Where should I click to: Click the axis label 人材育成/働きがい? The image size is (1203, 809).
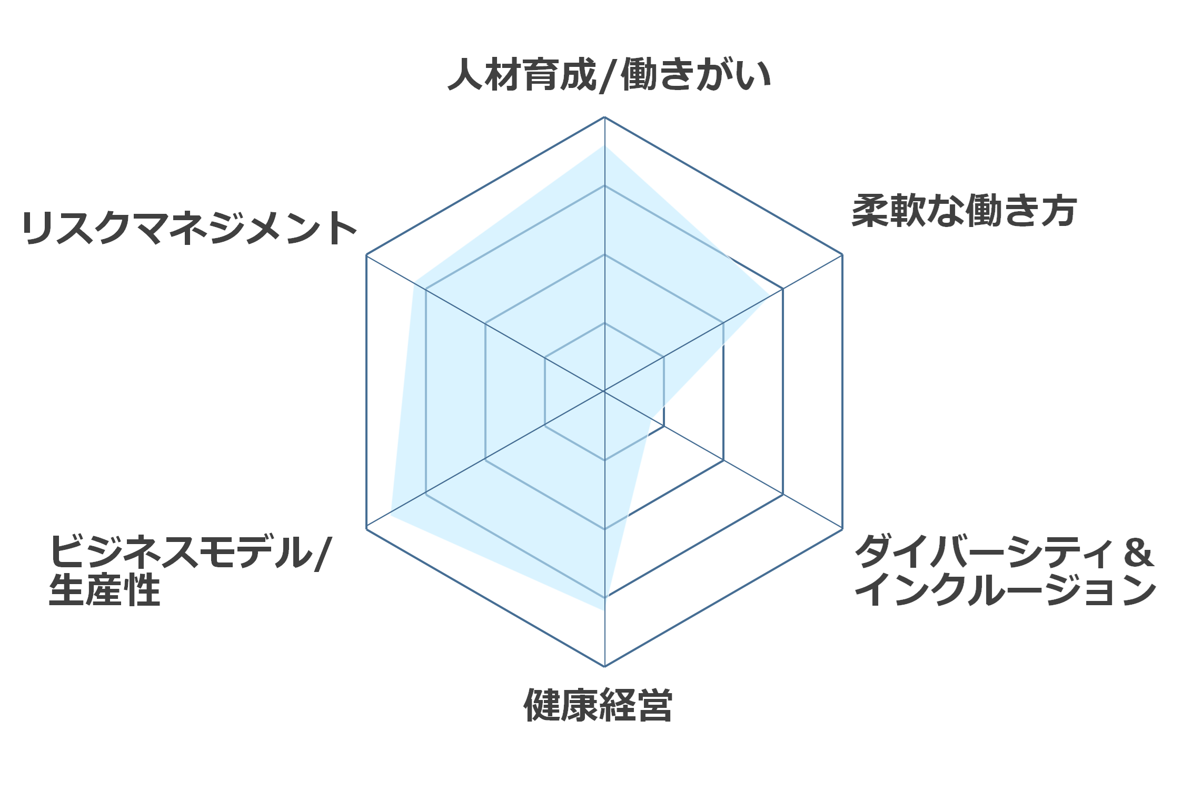coord(609,75)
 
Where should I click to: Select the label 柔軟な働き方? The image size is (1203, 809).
coord(964,211)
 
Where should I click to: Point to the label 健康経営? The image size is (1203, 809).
coord(598,705)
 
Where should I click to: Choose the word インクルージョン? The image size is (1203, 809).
coord(1006,589)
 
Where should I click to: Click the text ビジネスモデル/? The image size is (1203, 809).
coord(190,552)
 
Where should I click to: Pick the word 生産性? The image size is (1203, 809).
coord(104,589)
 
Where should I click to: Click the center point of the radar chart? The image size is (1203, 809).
coord(604,391)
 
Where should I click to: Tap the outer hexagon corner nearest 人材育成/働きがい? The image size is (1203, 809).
coord(604,117)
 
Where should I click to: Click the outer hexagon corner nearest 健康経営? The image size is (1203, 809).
coord(604,666)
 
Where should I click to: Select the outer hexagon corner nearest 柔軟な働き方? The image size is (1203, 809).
coord(842,254)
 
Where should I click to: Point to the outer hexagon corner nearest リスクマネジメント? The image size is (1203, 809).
coord(366,254)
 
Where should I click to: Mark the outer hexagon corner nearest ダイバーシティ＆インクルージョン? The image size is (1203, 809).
coord(842,529)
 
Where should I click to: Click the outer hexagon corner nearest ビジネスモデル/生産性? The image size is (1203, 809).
coord(366,529)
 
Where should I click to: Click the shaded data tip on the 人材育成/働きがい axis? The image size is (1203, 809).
coord(604,145)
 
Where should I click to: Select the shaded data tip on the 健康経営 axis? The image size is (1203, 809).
coord(604,610)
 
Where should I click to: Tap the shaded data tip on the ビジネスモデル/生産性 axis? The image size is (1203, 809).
coord(390,515)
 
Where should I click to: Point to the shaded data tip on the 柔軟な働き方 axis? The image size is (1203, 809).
coord(771,295)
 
